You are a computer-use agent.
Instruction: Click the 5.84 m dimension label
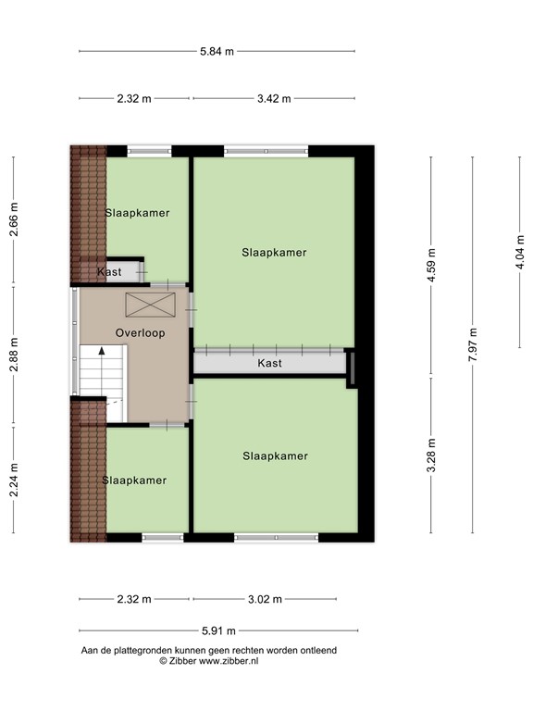(x=217, y=51)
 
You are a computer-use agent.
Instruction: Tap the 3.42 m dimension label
(x=274, y=98)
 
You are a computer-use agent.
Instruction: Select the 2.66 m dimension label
(x=14, y=219)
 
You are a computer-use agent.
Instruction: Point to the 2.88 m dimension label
(x=14, y=355)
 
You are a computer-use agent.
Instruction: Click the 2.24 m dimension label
(x=14, y=480)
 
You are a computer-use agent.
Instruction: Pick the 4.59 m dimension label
(x=431, y=268)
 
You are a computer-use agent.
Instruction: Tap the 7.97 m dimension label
(x=473, y=344)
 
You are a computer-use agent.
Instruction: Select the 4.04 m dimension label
(x=520, y=253)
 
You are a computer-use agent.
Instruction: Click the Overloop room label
(x=141, y=332)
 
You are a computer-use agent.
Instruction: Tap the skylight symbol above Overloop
(x=142, y=304)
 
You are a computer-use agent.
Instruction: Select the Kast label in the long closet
(x=269, y=364)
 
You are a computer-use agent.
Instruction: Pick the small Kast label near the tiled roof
(x=110, y=272)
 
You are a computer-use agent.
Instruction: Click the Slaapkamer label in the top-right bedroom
(x=274, y=252)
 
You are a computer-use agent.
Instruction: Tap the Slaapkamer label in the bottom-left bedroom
(x=135, y=480)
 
